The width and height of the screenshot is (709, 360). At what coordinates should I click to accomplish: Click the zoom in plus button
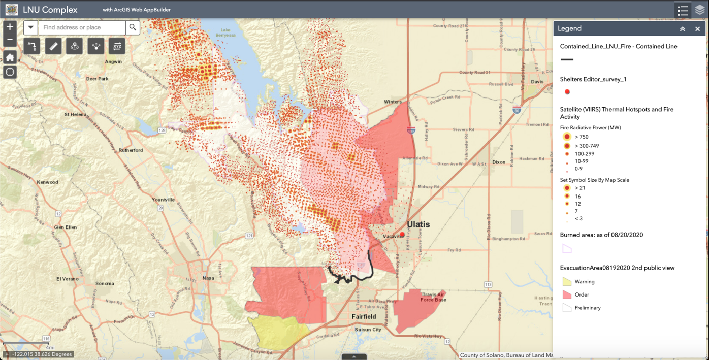pos(10,27)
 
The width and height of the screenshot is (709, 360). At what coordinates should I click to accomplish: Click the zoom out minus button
pos(10,40)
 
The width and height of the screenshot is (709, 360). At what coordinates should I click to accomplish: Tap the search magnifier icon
pos(133,27)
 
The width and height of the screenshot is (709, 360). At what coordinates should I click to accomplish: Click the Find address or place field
pos(81,27)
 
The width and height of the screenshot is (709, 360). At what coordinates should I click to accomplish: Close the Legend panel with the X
pos(697,29)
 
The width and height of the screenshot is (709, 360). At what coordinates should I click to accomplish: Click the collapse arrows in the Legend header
pos(683,29)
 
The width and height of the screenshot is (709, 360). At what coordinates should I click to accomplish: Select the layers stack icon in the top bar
pos(699,10)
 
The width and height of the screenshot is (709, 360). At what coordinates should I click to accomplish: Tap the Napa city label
pos(208,278)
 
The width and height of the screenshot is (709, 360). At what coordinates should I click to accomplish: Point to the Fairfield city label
pos(364,317)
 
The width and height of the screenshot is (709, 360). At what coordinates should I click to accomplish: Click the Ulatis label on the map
pos(418,224)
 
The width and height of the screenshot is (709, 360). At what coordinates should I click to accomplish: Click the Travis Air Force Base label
pos(433,297)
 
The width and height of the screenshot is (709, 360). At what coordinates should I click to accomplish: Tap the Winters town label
pos(393,102)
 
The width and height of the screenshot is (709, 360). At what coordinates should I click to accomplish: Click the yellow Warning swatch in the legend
pos(567,282)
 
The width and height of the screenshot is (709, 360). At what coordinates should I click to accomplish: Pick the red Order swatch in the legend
pos(567,295)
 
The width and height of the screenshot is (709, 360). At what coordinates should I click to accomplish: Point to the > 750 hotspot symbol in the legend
pos(567,137)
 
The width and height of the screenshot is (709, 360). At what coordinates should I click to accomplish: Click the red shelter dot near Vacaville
pos(402,235)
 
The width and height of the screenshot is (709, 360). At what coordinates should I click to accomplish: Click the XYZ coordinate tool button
pos(117,46)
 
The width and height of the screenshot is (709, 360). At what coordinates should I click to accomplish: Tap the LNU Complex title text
pos(50,10)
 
